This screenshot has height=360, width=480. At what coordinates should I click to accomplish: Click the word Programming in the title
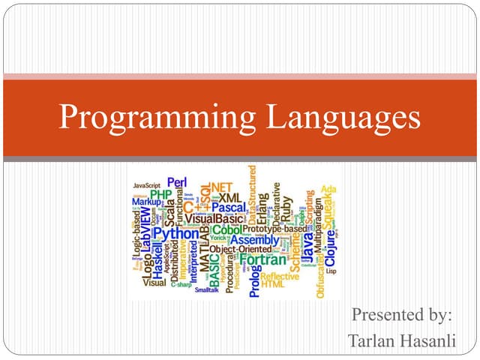tap(153, 118)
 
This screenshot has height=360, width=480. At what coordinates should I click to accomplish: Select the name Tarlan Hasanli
tap(400, 340)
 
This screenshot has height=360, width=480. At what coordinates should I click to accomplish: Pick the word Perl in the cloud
tap(177, 182)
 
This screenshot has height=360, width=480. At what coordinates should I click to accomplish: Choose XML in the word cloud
tap(226, 196)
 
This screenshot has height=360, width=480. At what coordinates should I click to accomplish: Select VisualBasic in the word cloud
tap(214, 219)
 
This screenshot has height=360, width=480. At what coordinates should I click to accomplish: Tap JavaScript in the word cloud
tap(148, 184)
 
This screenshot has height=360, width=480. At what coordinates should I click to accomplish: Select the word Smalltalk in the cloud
tap(208, 289)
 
